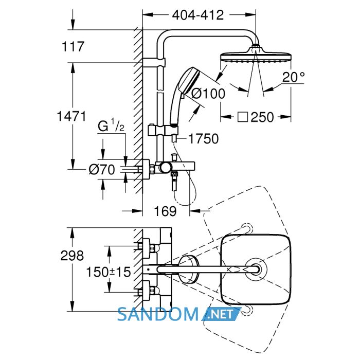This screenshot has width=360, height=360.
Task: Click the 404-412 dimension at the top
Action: click(x=198, y=15)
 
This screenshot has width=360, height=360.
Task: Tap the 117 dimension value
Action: click(x=73, y=46)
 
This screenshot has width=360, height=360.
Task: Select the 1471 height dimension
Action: click(x=71, y=116)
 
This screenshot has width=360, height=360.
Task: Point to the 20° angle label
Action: click(x=294, y=77)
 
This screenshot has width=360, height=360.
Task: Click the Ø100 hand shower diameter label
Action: click(x=208, y=94)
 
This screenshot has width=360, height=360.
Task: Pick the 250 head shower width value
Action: click(x=262, y=117)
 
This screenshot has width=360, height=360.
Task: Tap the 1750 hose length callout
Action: click(x=204, y=139)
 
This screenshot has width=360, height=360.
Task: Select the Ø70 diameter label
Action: click(x=102, y=170)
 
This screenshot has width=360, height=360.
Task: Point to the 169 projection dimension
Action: click(x=165, y=211)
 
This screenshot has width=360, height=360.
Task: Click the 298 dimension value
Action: click(x=72, y=255)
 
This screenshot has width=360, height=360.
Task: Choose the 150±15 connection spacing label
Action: click(x=109, y=272)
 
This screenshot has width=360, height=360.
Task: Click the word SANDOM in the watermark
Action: click(x=158, y=314)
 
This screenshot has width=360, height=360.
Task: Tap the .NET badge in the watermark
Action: click(x=221, y=314)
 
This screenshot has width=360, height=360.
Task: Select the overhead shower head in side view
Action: click(x=256, y=55)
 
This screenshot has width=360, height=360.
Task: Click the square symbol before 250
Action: click(x=243, y=117)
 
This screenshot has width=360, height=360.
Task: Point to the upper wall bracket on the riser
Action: click(x=154, y=62)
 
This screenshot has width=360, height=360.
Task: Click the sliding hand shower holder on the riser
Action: click(x=163, y=130)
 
